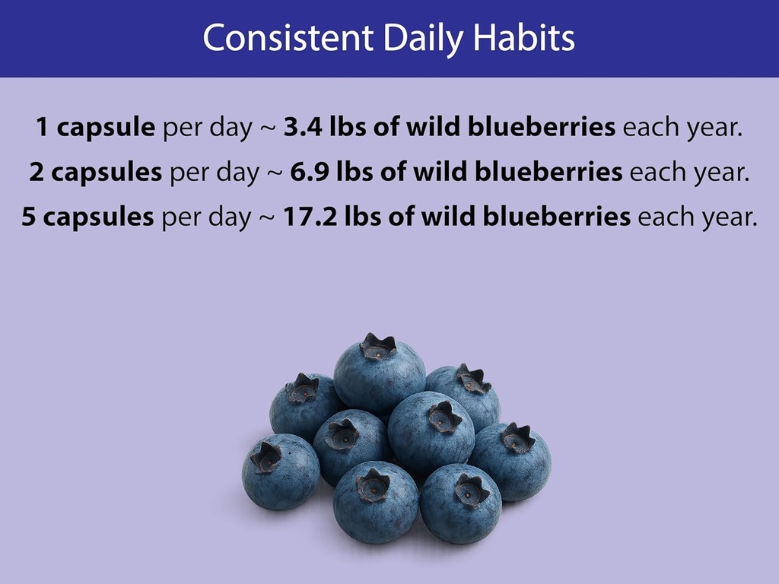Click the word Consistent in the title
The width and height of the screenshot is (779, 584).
pos(288,38)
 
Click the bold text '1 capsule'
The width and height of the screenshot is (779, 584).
pos(96,127)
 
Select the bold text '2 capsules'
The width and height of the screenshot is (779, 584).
pos(96,173)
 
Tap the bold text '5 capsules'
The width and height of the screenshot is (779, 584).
pos(87,218)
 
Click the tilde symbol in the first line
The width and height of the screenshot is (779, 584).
pos(267,128)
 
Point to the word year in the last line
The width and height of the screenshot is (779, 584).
pos(726,218)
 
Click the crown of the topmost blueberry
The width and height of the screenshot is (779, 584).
pos(378,347)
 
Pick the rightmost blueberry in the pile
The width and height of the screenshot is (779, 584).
pos(511,462)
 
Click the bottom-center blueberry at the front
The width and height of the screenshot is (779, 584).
pos(376,502)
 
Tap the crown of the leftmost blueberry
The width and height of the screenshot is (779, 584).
pos(266,457)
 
